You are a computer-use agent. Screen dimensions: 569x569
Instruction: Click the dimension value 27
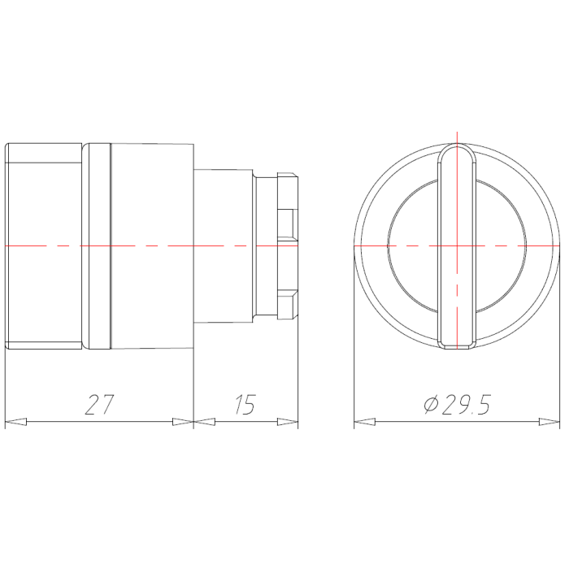[99, 404]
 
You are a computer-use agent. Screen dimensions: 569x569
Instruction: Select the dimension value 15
[245, 404]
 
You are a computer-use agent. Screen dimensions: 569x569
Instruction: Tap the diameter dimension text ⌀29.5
[457, 404]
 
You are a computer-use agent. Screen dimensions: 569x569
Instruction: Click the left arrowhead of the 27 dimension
[15, 422]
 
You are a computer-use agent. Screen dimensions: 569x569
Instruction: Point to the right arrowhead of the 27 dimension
[183, 422]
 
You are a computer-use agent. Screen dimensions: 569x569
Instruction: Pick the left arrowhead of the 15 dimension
[204, 422]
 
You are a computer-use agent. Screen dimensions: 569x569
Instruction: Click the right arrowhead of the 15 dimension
[288, 422]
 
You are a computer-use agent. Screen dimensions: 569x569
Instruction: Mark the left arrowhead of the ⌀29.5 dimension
[365, 422]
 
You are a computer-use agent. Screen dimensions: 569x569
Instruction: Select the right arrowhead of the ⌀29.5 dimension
[549, 422]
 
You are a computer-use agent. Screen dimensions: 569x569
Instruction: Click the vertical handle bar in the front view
[457, 246]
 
